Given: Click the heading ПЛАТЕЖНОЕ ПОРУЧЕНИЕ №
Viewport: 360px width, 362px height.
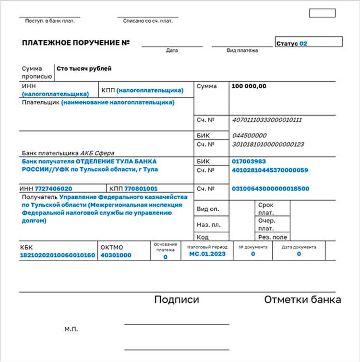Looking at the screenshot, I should [76, 43].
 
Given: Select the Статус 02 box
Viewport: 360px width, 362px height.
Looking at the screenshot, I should [308, 43].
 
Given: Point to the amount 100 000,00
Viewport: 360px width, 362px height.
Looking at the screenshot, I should [249, 86].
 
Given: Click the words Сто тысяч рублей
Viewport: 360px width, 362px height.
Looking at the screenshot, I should [84, 69].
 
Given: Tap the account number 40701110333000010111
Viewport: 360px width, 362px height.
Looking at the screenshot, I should [266, 120].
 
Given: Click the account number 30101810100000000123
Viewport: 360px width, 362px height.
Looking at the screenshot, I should [268, 144].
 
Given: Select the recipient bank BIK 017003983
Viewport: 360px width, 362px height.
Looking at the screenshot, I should [249, 162].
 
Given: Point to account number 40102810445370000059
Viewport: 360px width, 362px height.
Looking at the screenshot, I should [270, 170].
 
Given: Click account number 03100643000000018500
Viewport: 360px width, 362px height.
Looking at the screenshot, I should [270, 189].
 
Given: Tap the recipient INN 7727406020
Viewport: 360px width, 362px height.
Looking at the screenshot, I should [53, 189].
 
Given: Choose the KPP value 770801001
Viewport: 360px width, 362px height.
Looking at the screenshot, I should [141, 189].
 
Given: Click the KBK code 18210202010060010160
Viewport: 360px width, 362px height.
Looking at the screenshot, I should [58, 255].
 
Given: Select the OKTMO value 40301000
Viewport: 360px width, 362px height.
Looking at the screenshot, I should [116, 255].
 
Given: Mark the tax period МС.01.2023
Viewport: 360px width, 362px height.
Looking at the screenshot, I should [207, 253].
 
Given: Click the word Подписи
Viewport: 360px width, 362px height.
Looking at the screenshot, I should [176, 300].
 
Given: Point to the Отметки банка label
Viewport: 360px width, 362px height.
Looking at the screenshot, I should [302, 300].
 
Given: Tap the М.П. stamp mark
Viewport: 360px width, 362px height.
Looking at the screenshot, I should [71, 329].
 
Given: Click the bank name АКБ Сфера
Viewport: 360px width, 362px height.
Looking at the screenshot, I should [97, 153].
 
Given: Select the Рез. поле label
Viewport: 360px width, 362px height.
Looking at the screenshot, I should [273, 237].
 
